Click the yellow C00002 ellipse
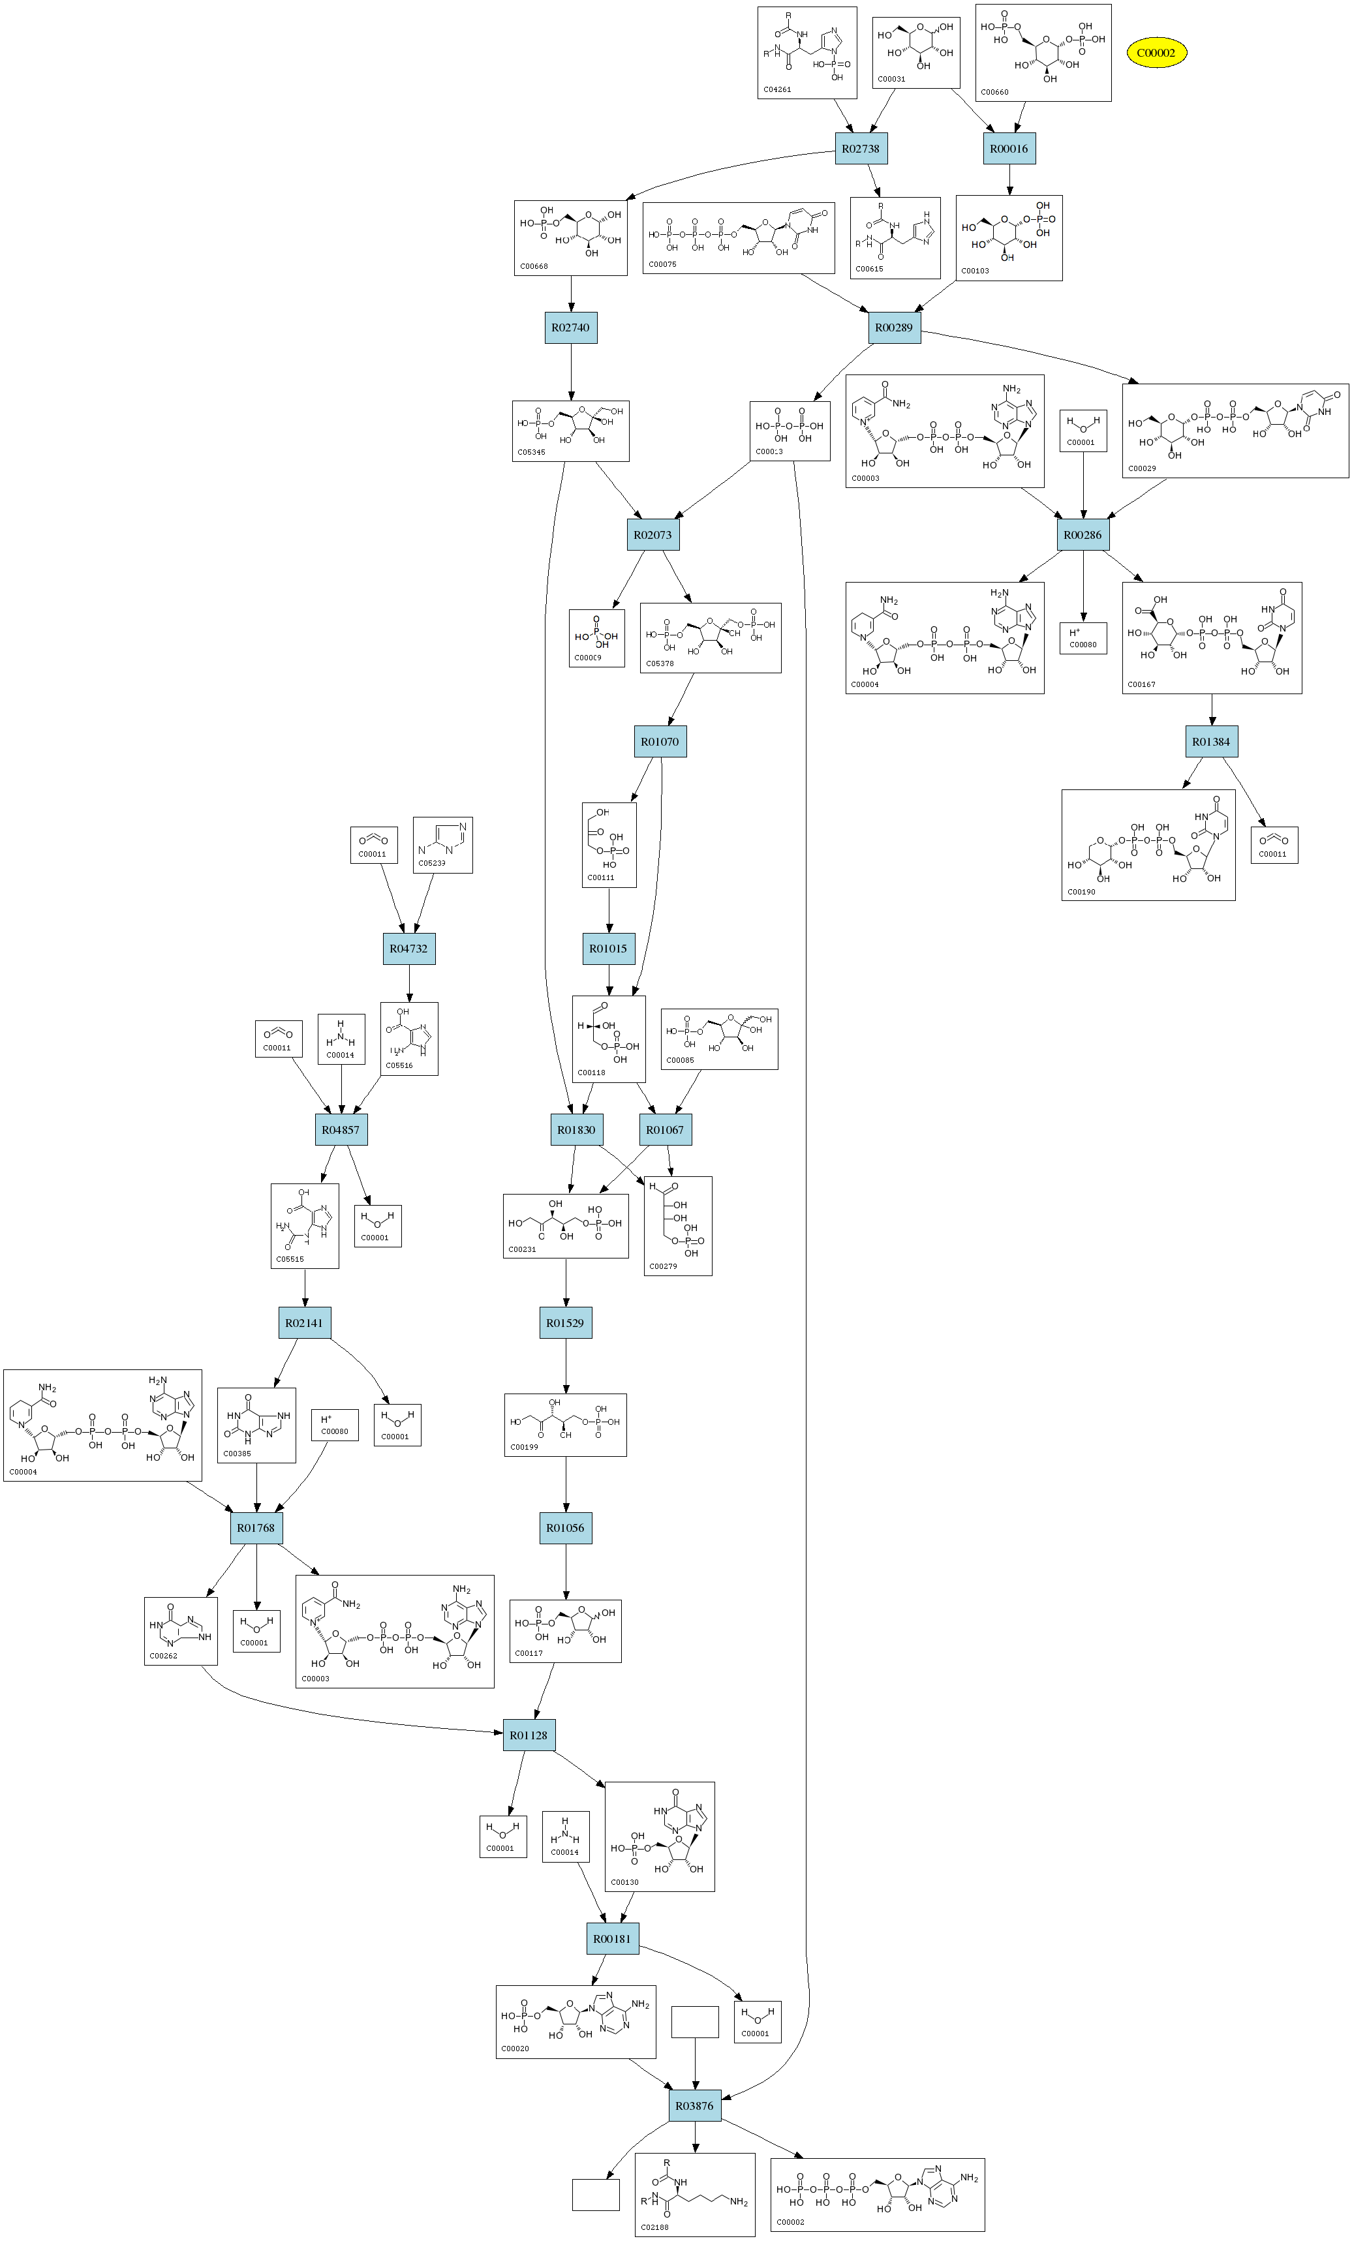click(x=1156, y=53)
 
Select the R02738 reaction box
click(x=861, y=148)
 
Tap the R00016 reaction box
click(x=1009, y=148)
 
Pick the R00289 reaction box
click(x=893, y=328)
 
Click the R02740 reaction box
click(x=570, y=328)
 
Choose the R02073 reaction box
click(x=653, y=535)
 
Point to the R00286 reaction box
click(x=1083, y=535)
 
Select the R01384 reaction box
click(x=1211, y=741)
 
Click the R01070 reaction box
click(x=660, y=741)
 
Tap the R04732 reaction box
click(x=408, y=949)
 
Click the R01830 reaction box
click(x=576, y=1129)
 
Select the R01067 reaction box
click(x=664, y=1129)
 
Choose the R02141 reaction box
click(x=304, y=1322)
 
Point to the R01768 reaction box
click(x=256, y=1528)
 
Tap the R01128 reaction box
click(x=529, y=1735)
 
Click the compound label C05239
click(x=431, y=863)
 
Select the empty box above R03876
click(x=695, y=2022)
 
